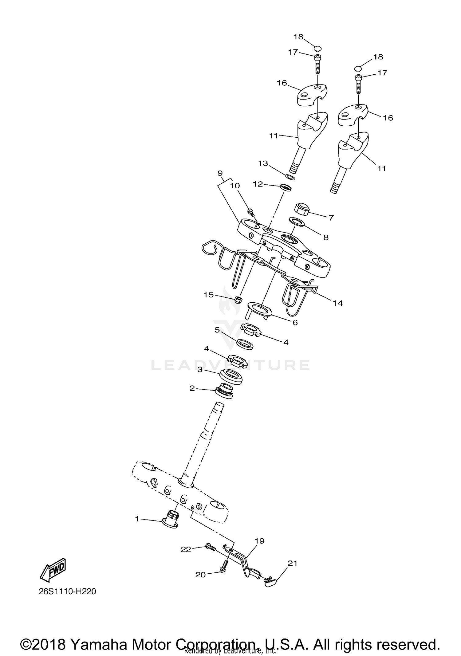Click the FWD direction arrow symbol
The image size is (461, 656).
[x=53, y=570]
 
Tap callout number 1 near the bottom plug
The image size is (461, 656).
[x=137, y=519]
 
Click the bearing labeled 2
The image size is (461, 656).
[x=224, y=391]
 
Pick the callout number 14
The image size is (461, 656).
[x=337, y=303]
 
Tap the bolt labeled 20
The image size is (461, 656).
[x=224, y=568]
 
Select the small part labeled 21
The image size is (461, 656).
[x=270, y=581]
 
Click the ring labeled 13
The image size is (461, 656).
[x=290, y=177]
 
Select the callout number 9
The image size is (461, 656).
[x=220, y=173]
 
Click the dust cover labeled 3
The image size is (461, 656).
[x=231, y=377]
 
